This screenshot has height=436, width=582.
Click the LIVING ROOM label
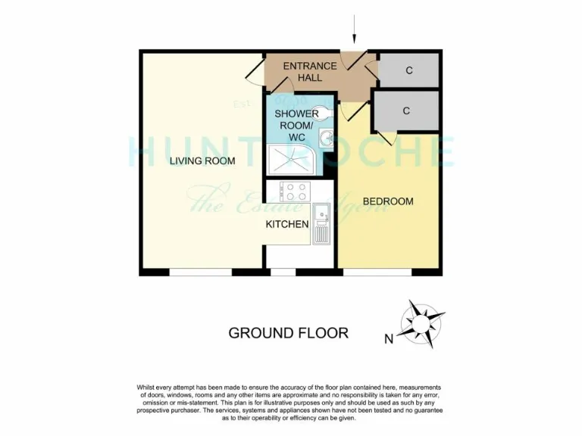click(202, 160)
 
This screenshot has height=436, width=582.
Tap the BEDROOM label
click(388, 201)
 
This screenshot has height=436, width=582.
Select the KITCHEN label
click(286, 224)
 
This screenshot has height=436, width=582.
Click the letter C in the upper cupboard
click(408, 71)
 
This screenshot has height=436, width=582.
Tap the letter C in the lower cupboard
click(406, 111)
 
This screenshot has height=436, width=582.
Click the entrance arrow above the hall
click(354, 33)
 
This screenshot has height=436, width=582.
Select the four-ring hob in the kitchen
click(293, 191)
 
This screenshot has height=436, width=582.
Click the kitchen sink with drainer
click(321, 223)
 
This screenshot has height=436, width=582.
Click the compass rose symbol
click(418, 324)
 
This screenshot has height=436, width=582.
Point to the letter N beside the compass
click(389, 339)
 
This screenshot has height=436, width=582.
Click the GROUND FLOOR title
click(288, 333)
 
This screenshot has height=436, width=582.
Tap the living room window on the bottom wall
click(200, 272)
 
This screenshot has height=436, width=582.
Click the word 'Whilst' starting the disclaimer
click(148, 387)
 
